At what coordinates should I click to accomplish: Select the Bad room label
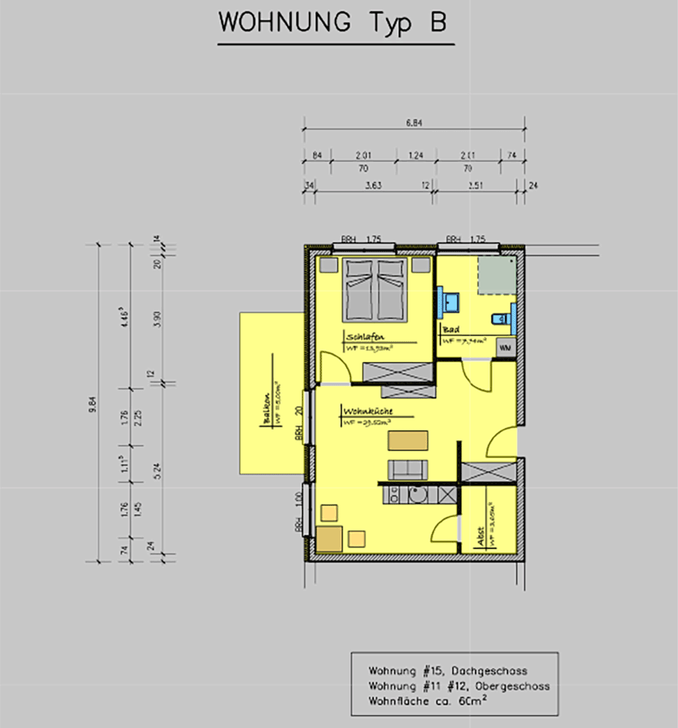450,330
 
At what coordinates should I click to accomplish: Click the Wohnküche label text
368,412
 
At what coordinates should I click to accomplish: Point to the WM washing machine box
505,348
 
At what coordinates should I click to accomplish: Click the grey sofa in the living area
407,469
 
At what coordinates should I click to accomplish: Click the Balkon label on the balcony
266,410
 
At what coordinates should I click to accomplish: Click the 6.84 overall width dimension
413,123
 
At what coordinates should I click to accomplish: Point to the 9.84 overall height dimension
92,402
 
